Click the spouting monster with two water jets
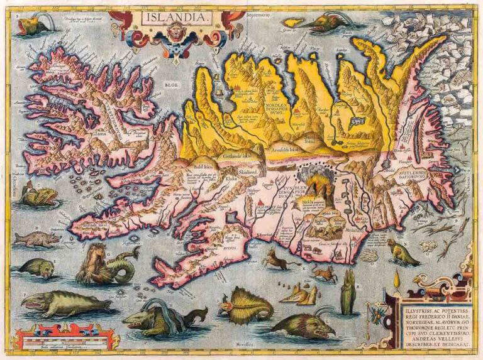tap(160, 314)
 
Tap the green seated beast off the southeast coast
tap(401, 253)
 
